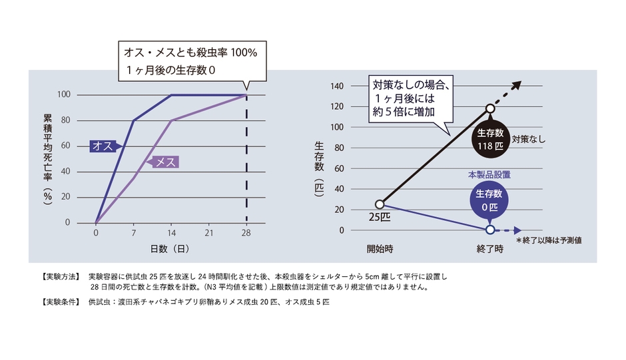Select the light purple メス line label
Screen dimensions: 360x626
tap(164, 162)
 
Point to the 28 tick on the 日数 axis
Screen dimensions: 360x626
tap(246, 234)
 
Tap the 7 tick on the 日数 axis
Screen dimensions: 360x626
tap(133, 234)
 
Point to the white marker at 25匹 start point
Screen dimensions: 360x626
tap(380, 204)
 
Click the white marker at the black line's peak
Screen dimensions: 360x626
tap(490, 108)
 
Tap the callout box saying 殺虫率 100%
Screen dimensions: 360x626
tap(189, 61)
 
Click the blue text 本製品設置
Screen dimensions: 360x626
tap(489, 174)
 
